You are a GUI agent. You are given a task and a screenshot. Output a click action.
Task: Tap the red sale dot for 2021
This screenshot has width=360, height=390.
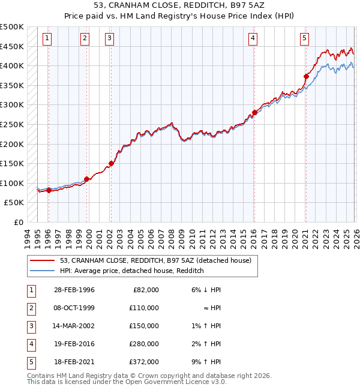(306, 76)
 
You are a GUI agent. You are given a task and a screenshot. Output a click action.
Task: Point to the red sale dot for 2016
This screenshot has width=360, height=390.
(254, 112)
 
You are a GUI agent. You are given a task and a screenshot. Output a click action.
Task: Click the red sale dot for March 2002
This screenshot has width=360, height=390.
(111, 163)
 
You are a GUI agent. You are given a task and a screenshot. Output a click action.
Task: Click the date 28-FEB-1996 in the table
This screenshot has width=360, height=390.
(74, 290)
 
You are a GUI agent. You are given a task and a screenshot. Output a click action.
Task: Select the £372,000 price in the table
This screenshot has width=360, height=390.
(144, 362)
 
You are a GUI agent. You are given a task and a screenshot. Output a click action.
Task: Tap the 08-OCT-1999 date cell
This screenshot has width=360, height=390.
(74, 308)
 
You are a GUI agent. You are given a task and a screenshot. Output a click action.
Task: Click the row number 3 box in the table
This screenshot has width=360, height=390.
(31, 326)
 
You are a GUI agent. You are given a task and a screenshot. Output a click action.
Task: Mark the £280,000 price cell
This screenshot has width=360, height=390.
(144, 344)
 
